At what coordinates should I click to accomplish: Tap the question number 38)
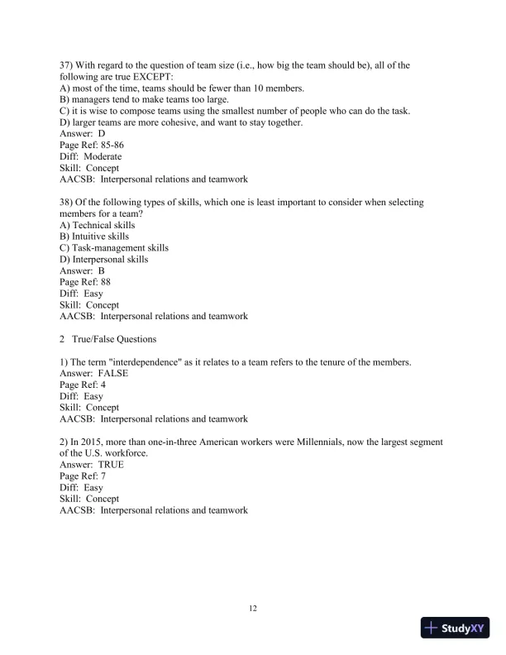coord(70,202)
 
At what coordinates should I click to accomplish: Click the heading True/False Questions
coord(121,339)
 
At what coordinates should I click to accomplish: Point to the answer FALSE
coord(113,373)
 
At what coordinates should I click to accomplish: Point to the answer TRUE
coord(111,465)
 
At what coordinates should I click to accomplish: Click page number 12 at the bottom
coord(253,609)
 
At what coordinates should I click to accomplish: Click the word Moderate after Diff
coord(103,156)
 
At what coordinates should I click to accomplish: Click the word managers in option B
coord(94,99)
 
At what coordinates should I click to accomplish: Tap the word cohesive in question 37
coord(195,122)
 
